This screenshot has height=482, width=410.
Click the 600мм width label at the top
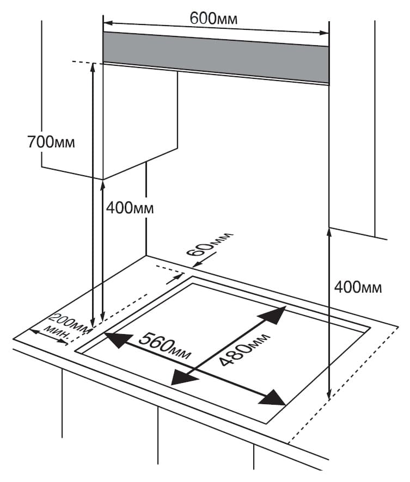213,18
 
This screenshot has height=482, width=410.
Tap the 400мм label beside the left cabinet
130,208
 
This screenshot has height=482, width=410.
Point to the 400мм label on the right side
358,287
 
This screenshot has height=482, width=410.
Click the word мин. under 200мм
56,333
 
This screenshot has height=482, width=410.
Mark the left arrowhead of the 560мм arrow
113,340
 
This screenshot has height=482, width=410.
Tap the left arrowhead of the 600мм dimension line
107,23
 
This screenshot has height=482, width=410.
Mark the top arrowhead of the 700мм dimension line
93,67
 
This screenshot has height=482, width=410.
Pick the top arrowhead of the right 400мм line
329,232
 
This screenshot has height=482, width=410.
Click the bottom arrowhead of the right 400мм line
329,396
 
